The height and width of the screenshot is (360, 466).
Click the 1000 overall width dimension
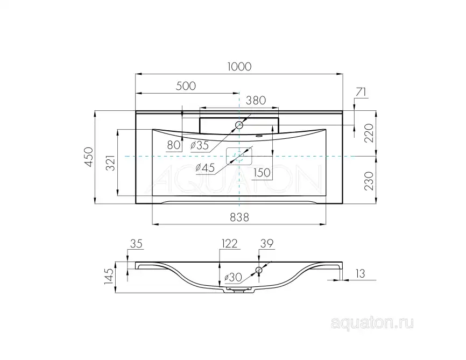click(239, 66)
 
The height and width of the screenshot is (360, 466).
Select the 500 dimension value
click(185, 86)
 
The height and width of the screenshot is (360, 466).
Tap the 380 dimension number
click(256, 100)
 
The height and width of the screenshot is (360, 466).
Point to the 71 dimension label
click(361, 91)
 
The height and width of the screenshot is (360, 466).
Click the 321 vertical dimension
click(110, 164)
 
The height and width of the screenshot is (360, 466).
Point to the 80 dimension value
click(173, 144)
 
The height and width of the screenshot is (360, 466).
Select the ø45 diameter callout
click(205, 168)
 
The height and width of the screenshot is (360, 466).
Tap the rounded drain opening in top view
click(239, 156)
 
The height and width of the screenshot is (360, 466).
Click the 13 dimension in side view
click(360, 274)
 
